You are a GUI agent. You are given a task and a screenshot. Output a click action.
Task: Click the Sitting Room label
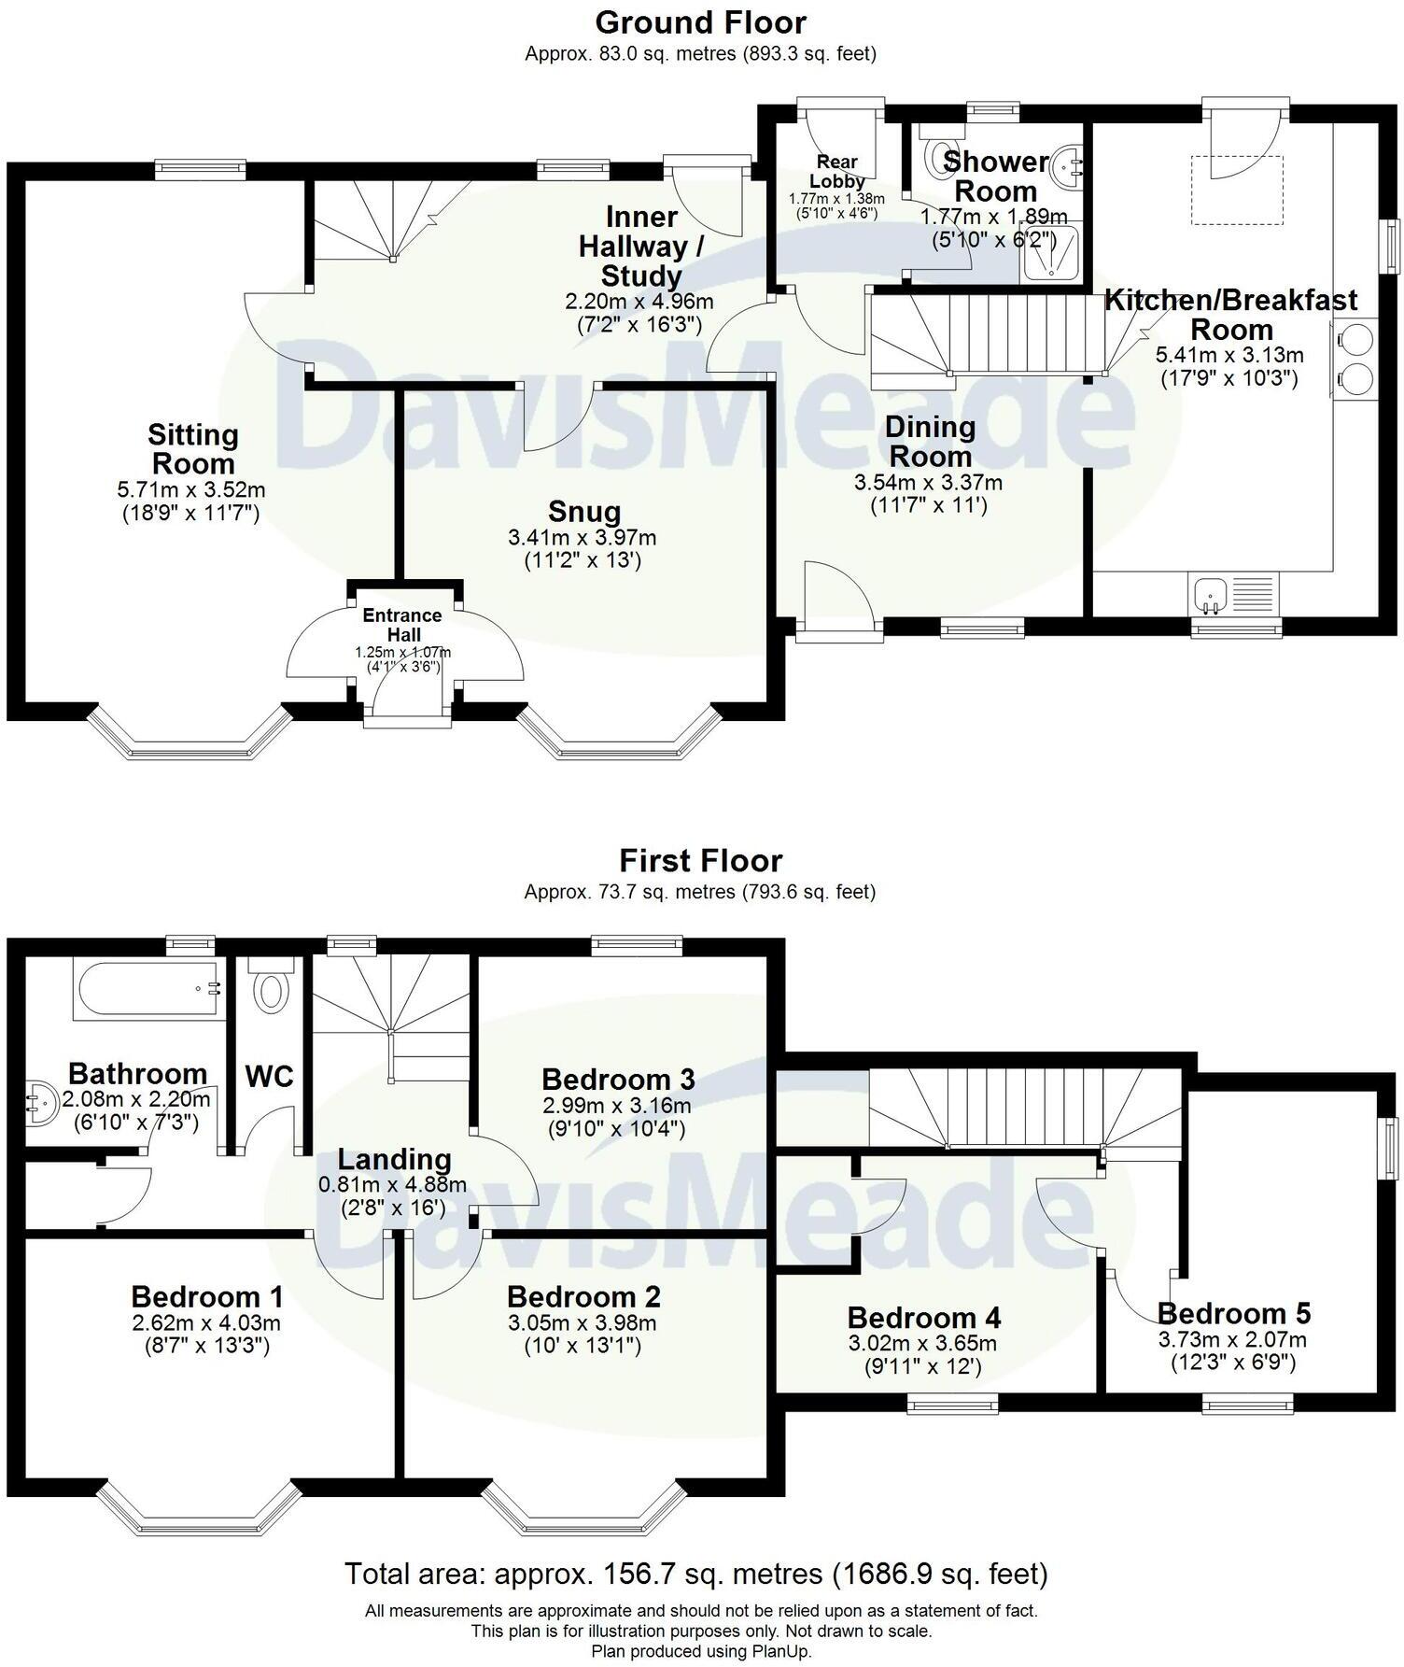193,449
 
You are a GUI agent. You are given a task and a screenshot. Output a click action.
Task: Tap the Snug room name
584,512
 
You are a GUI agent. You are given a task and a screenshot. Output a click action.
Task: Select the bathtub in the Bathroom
148,991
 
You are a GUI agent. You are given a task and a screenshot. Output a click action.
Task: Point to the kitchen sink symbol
1211,594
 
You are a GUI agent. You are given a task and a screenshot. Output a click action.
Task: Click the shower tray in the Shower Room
1051,253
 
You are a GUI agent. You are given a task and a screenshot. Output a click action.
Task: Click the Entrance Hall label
402,625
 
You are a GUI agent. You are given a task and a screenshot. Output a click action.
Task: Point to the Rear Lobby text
835,172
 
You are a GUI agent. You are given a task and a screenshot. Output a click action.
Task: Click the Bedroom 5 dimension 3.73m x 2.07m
1232,1340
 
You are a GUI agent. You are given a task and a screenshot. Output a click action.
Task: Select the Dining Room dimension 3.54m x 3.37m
929,483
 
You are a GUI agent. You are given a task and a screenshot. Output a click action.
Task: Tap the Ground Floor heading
700,21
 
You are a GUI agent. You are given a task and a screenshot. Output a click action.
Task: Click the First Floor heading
700,860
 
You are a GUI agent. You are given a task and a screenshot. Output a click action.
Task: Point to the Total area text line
696,1575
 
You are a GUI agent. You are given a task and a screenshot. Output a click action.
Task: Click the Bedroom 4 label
923,1318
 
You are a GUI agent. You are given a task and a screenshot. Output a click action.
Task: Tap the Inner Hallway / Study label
640,247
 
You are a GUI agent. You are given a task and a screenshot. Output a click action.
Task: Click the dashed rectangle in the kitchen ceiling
1236,191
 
